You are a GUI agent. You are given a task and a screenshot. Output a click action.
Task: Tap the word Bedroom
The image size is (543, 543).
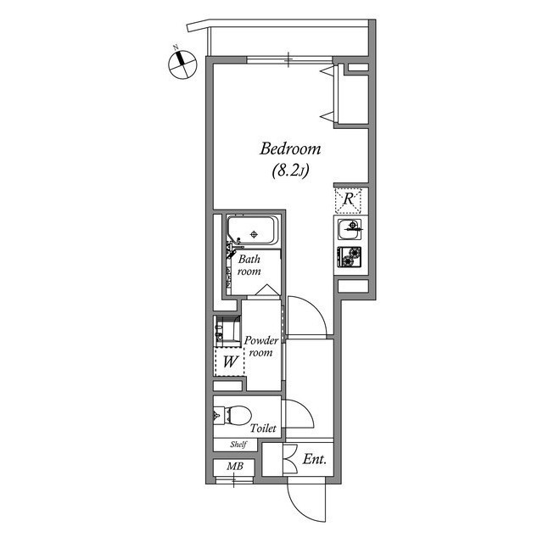(x=290, y=149)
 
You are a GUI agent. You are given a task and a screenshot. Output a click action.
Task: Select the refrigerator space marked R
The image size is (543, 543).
(x=349, y=200)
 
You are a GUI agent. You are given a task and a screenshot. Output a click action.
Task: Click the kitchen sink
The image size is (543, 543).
(x=350, y=229)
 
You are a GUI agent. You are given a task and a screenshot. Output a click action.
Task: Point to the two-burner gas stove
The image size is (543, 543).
(x=350, y=256)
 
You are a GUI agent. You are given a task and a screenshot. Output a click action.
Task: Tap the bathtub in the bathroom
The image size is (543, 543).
(x=252, y=231)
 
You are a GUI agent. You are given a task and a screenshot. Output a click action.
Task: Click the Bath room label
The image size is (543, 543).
(x=249, y=265)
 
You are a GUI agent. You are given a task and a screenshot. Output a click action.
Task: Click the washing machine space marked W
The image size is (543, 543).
(x=229, y=362)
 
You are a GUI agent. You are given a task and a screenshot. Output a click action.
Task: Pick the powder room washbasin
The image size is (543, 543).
(x=226, y=330)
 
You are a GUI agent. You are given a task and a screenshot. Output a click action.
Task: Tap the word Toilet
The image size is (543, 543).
(x=263, y=429)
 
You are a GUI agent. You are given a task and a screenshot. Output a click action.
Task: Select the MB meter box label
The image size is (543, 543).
(x=233, y=466)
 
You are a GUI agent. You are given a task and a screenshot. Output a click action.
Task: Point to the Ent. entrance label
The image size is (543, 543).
(x=316, y=461)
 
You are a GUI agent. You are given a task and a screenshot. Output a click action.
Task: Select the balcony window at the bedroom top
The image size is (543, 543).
(x=288, y=59)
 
